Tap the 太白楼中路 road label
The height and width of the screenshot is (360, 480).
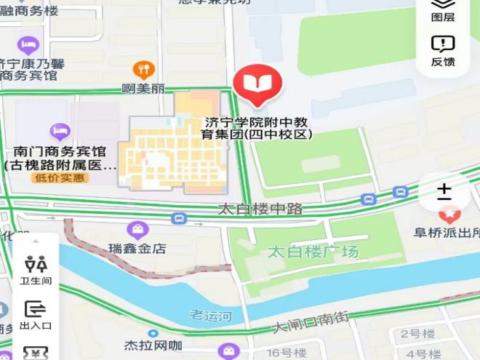(x=260, y=209)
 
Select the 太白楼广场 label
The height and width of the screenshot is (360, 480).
(x=313, y=252)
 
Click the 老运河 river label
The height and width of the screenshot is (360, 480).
(x=210, y=315)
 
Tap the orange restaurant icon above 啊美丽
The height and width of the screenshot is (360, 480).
(x=144, y=70)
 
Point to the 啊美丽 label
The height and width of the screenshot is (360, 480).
(x=143, y=89)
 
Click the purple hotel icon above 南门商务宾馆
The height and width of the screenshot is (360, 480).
(x=60, y=132)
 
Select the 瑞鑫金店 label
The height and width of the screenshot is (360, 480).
(x=137, y=248)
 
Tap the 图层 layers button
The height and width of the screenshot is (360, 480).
(x=443, y=10)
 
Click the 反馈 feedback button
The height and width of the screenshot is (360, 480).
(x=443, y=51)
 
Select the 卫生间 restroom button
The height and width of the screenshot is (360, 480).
(x=36, y=270)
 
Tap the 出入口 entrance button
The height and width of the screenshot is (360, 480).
(x=36, y=315)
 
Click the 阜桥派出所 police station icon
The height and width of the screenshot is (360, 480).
(x=449, y=215)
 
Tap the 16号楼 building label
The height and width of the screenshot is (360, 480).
(x=283, y=353)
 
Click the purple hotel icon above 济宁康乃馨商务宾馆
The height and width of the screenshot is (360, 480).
(x=28, y=46)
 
